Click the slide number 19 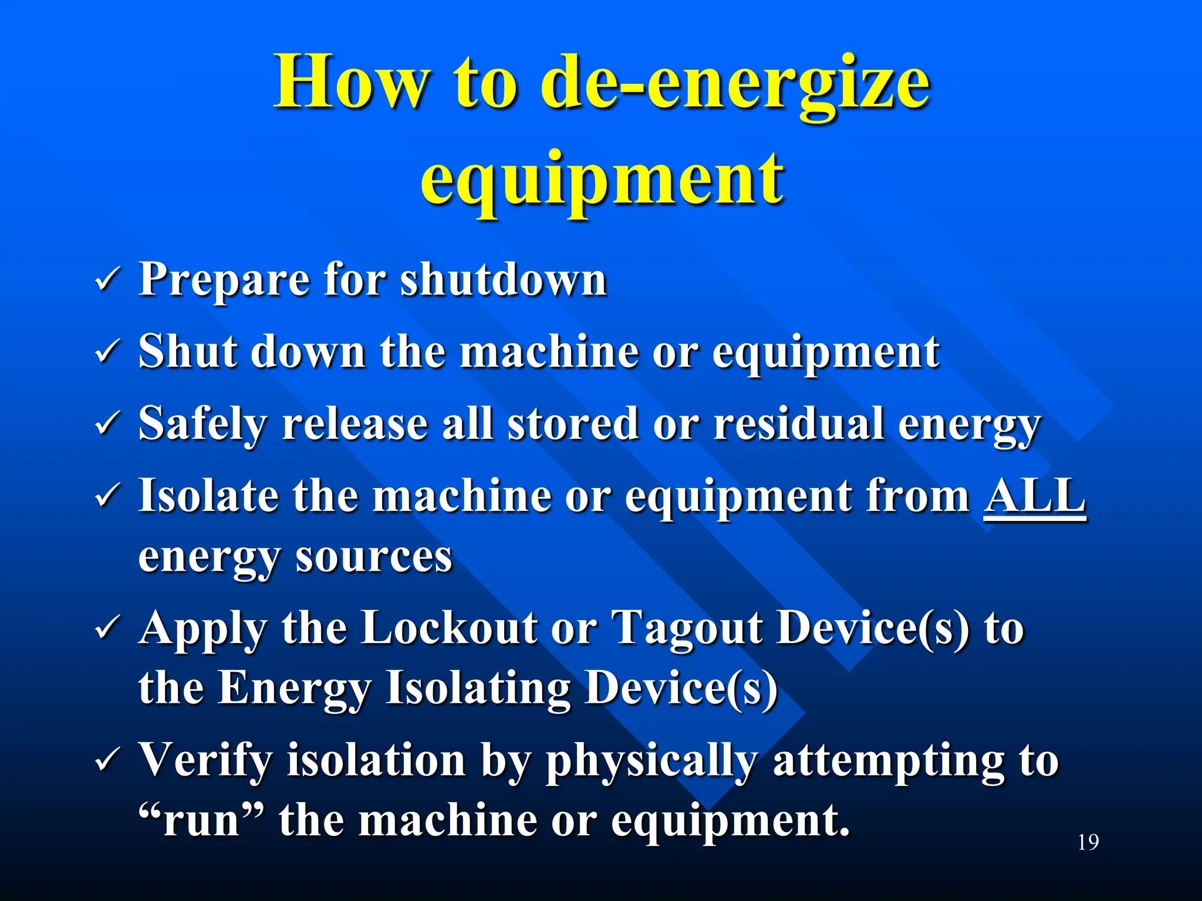click(x=1088, y=842)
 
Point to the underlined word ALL click(x=1034, y=496)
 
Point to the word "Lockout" click(x=449, y=628)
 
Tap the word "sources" click(x=373, y=557)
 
